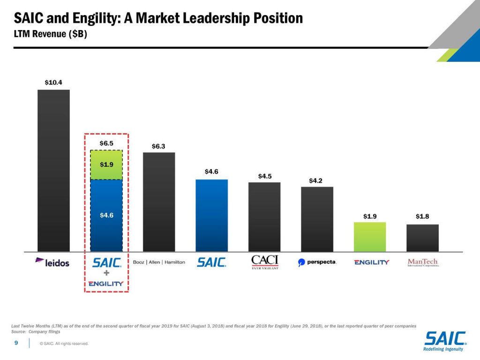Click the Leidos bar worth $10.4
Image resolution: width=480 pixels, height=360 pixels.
click(53, 171)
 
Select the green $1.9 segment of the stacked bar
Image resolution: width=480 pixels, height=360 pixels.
click(106, 165)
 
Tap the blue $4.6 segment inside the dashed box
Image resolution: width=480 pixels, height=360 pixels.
click(106, 216)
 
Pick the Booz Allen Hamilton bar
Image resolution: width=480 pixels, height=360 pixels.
click(159, 202)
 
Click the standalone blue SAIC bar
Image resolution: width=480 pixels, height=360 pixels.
click(211, 216)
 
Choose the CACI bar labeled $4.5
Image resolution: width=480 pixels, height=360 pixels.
click(264, 217)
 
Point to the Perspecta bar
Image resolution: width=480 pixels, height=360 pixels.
click(317, 219)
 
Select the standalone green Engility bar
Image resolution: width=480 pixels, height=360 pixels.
click(370, 237)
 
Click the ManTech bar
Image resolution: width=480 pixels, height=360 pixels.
click(422, 238)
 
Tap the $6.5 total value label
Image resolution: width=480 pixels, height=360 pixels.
click(106, 143)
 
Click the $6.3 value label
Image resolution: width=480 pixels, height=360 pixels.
click(159, 146)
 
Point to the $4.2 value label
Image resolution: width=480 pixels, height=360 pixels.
click(315, 180)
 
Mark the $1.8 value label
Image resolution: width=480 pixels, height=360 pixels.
click(422, 217)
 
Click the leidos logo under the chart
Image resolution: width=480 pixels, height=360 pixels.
click(52, 262)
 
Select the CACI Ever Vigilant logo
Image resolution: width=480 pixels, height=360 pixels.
click(264, 262)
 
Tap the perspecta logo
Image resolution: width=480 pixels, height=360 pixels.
click(317, 262)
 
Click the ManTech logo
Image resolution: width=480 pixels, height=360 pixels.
click(422, 262)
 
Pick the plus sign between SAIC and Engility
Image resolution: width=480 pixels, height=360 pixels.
click(106, 273)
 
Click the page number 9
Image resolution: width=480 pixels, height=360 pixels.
click(16, 343)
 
